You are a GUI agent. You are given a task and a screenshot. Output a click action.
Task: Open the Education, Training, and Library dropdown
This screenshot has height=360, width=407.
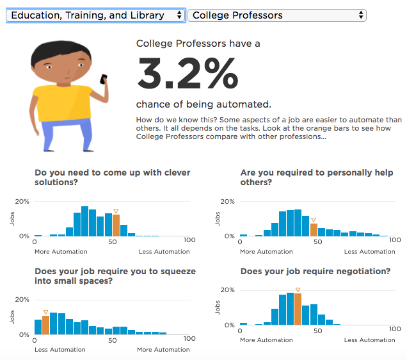tap(95, 15)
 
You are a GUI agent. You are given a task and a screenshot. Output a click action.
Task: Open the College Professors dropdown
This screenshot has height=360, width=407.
tap(276, 15)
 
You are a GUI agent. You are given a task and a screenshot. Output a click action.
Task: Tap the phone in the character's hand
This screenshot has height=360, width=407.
tap(104, 79)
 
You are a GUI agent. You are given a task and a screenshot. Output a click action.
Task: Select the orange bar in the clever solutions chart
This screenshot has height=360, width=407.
tap(116, 225)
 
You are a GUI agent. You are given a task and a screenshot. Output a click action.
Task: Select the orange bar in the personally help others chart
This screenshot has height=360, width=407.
tap(314, 229)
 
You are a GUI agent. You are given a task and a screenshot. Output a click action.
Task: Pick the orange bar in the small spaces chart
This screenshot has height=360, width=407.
tap(45, 325)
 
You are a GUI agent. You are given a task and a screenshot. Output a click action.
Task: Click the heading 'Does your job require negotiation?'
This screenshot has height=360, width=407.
tap(315, 272)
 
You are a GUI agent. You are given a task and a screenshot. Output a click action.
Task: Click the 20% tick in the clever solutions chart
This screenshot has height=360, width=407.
tap(23, 201)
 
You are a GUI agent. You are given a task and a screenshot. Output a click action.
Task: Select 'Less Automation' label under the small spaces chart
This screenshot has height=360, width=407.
tap(60, 350)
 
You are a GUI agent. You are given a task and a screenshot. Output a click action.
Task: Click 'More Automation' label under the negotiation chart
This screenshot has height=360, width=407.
tap(266, 340)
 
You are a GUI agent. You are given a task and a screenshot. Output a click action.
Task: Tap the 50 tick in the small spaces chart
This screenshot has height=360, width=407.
tap(113, 340)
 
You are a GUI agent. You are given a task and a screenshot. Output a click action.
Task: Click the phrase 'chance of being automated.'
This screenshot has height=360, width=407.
tap(203, 104)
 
